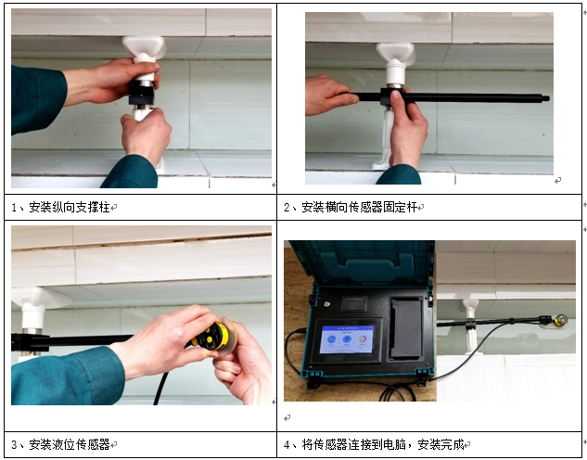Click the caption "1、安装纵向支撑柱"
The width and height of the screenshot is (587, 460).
(x=60, y=207)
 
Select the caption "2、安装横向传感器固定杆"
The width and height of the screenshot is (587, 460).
(x=351, y=207)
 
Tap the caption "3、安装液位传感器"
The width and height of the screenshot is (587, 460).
(x=60, y=444)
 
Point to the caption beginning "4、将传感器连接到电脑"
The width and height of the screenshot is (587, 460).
(x=374, y=444)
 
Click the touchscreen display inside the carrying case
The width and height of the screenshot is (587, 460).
(x=347, y=339)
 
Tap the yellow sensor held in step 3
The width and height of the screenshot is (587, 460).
(x=212, y=337)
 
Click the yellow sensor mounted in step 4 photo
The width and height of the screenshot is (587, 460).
(x=560, y=320)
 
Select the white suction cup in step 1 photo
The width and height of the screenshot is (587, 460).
(x=144, y=48)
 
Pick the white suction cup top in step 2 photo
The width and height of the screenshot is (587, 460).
(x=396, y=54)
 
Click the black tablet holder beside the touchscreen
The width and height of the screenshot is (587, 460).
(x=406, y=328)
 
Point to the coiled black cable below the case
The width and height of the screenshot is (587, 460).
(x=397, y=392)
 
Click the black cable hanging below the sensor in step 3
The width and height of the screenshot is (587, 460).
(x=160, y=389)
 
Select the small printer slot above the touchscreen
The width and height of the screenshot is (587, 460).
(x=353, y=303)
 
